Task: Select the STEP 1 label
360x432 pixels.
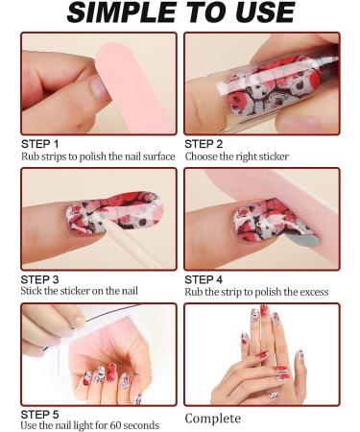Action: [x=39, y=143]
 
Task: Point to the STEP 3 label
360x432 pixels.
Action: [x=39, y=279]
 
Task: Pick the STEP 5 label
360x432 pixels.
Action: [x=39, y=414]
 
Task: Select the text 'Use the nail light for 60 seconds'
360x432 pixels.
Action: [x=89, y=425]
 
